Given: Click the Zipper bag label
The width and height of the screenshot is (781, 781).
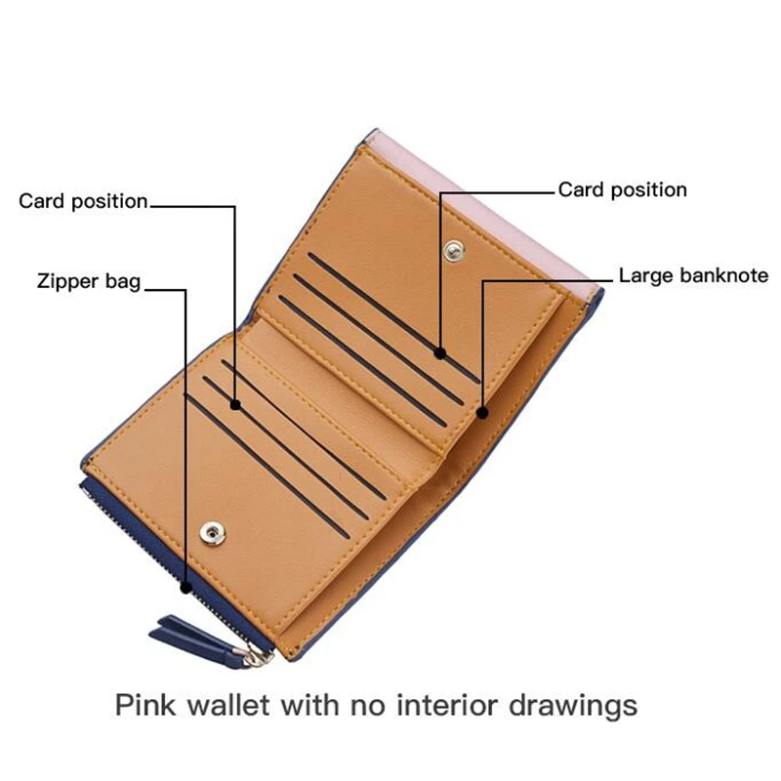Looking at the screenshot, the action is [89, 281].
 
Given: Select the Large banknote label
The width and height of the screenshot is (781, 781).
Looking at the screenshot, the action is [693, 275].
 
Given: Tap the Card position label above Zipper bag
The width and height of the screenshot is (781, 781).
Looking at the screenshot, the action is [83, 201].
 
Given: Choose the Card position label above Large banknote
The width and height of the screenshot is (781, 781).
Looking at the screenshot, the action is [623, 189].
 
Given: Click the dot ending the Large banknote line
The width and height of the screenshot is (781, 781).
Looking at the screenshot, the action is [481, 413].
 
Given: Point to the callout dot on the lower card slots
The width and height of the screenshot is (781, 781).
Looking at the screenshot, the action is [235, 404].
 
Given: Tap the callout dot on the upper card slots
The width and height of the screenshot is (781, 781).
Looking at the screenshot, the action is [439, 352].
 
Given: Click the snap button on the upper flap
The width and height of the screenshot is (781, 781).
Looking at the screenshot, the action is [452, 252].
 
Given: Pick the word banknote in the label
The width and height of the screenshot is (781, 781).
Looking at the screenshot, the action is [722, 275].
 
